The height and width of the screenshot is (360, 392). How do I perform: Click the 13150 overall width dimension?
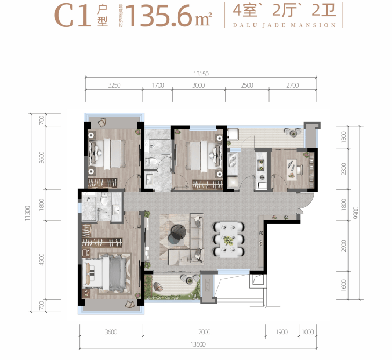click(201, 74)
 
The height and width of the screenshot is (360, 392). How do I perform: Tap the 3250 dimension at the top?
click(114, 85)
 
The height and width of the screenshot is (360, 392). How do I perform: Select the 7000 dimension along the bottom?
click(205, 332)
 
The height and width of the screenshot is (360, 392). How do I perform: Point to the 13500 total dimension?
click(198, 344)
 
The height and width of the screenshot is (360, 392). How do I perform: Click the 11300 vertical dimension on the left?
click(27, 213)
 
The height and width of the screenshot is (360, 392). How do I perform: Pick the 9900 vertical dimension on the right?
click(355, 213)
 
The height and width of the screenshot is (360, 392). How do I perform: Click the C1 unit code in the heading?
click(72, 16)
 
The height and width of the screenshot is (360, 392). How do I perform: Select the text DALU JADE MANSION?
click(284, 25)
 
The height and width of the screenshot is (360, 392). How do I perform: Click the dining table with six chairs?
click(229, 240)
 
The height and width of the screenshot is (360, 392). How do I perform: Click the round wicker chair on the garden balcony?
click(158, 287)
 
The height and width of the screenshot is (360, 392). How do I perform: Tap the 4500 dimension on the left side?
click(42, 260)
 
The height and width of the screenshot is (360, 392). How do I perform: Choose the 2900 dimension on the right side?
click(344, 246)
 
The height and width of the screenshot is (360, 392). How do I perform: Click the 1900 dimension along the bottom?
click(282, 332)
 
